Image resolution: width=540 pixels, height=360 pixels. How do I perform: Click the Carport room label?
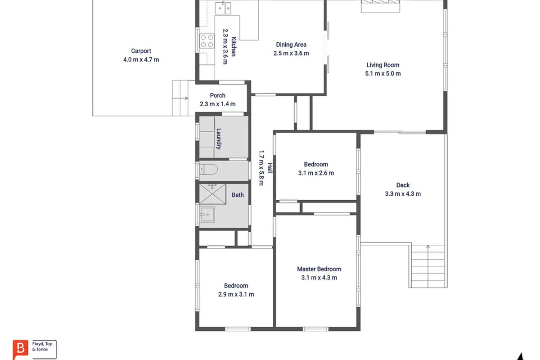(x=141, y=51)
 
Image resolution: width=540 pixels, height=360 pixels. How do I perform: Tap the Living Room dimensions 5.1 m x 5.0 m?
(x=383, y=73)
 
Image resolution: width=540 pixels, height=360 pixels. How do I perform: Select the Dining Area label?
(x=291, y=45)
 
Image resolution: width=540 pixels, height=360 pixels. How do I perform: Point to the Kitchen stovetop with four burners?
(x=207, y=41)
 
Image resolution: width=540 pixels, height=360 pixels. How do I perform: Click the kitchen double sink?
(x=223, y=8)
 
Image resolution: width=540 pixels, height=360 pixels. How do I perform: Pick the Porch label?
(x=218, y=95)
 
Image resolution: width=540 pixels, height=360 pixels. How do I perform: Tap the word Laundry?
(x=219, y=139)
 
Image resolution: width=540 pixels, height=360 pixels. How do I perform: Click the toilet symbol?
(x=208, y=169)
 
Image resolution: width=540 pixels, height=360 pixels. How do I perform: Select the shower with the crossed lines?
(x=212, y=194)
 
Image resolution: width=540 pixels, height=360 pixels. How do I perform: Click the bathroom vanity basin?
(x=207, y=214)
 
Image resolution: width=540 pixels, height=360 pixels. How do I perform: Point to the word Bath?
(x=238, y=195)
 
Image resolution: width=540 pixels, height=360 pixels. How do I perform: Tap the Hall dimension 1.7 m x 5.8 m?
(x=261, y=168)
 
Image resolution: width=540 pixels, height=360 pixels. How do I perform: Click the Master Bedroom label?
(x=319, y=269)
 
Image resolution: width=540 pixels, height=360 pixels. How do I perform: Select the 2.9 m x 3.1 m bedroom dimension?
(x=236, y=294)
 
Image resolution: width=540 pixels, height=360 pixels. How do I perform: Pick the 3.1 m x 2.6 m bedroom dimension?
(x=316, y=173)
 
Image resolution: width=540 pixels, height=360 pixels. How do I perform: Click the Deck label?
(x=403, y=185)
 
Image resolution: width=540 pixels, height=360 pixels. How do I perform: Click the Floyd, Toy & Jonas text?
(x=42, y=346)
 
